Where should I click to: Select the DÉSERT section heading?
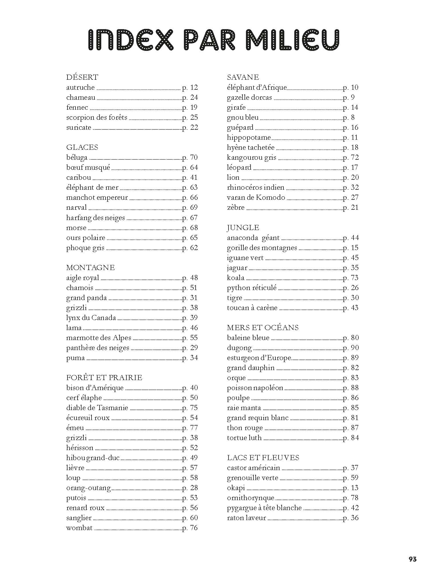pyautogui.click(x=82, y=77)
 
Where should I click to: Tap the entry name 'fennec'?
pyautogui.click(x=77, y=107)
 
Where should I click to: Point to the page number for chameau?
pyautogui.click(x=190, y=97)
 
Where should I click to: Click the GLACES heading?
pyautogui.click(x=82, y=147)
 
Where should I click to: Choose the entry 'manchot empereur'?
pyautogui.click(x=97, y=197)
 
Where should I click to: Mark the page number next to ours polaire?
pyautogui.click(x=190, y=238)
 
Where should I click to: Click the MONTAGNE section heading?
pyautogui.click(x=90, y=267)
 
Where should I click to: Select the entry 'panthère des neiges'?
pyautogui.click(x=98, y=348)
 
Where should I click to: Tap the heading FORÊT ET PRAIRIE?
pyautogui.click(x=104, y=378)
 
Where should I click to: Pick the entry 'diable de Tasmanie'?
pyautogui.click(x=97, y=408)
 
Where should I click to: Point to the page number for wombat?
pyautogui.click(x=190, y=528)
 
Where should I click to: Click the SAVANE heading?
pyautogui.click(x=243, y=77)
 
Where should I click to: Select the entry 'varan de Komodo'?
pyautogui.click(x=256, y=197)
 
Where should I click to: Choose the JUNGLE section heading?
pyautogui.click(x=243, y=227)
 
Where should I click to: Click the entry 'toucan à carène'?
pyautogui.click(x=252, y=308)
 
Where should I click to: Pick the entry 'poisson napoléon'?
pyautogui.click(x=255, y=388)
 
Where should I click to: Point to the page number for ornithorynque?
pyautogui.click(x=351, y=498)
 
